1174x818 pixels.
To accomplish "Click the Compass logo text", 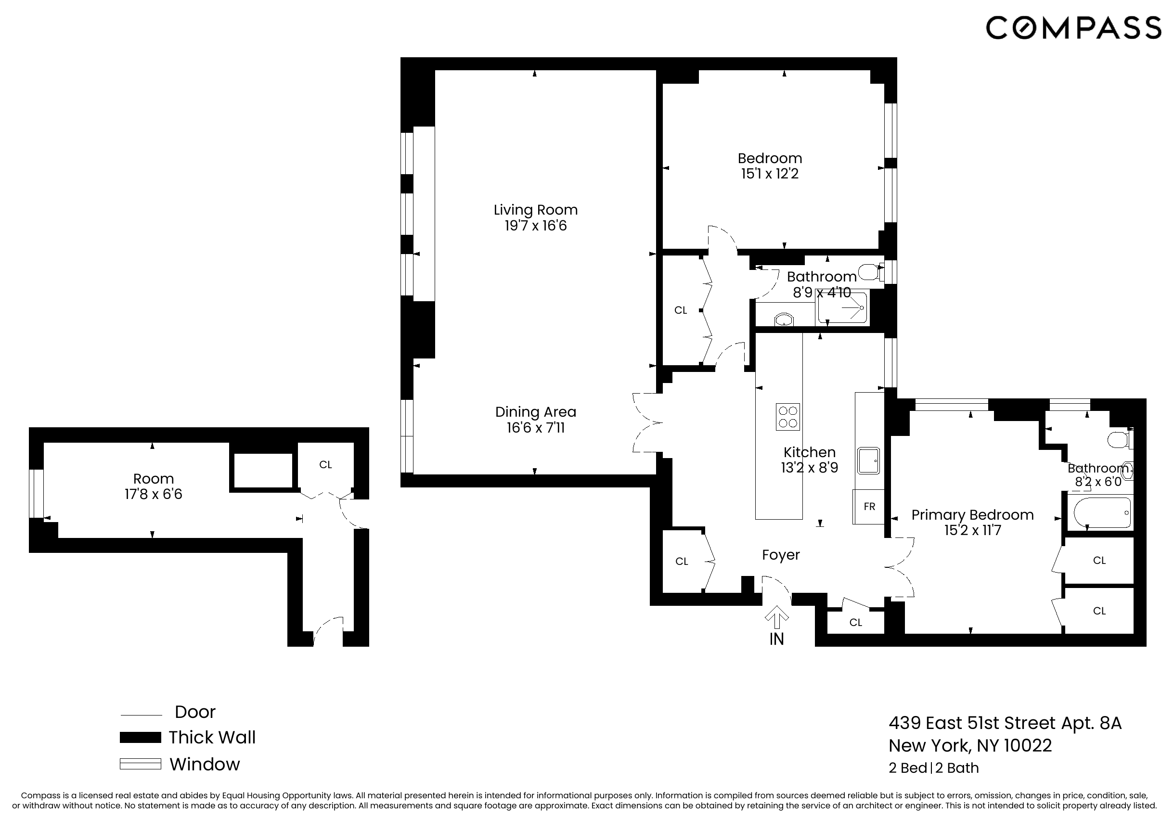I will pyautogui.click(x=1073, y=27).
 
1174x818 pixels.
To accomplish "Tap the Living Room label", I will pyautogui.click(x=535, y=210).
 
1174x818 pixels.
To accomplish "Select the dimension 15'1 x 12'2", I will pyautogui.click(x=770, y=174).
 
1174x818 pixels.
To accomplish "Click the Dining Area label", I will pyautogui.click(x=535, y=412).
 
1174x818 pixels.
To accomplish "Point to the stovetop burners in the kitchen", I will pyautogui.click(x=787, y=417).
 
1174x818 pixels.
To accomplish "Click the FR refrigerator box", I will pyautogui.click(x=869, y=507).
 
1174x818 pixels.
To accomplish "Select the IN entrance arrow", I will pyautogui.click(x=776, y=619).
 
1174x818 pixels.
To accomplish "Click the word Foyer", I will pyautogui.click(x=780, y=555).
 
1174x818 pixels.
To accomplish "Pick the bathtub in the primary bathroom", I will pyautogui.click(x=1102, y=513).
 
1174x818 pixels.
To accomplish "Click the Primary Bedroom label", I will pyautogui.click(x=972, y=515).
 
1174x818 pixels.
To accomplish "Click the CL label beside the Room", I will pyautogui.click(x=326, y=465).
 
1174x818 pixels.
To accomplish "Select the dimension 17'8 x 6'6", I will pyautogui.click(x=154, y=494).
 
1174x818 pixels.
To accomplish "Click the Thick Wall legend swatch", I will pyautogui.click(x=140, y=737).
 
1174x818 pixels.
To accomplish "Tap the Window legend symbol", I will pyautogui.click(x=140, y=764).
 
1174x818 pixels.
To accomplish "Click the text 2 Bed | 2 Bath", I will pyautogui.click(x=934, y=768).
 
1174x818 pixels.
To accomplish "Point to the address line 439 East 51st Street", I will pyautogui.click(x=1005, y=723).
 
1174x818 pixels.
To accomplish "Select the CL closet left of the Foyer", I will pyautogui.click(x=682, y=562).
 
